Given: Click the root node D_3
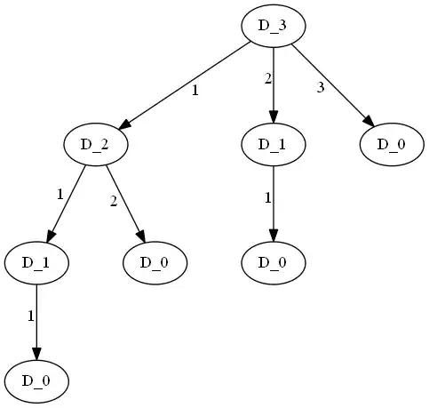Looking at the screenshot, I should tap(274, 25).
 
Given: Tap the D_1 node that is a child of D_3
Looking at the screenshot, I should tap(274, 144).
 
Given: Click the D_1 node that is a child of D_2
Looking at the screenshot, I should tap(36, 263).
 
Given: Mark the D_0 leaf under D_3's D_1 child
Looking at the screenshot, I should tap(274, 263).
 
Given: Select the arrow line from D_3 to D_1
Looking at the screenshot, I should tap(274, 80).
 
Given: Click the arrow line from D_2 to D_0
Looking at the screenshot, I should tap(124, 199).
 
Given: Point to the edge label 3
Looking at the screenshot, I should tap(321, 86).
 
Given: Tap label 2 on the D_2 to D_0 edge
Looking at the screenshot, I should tap(114, 201).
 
